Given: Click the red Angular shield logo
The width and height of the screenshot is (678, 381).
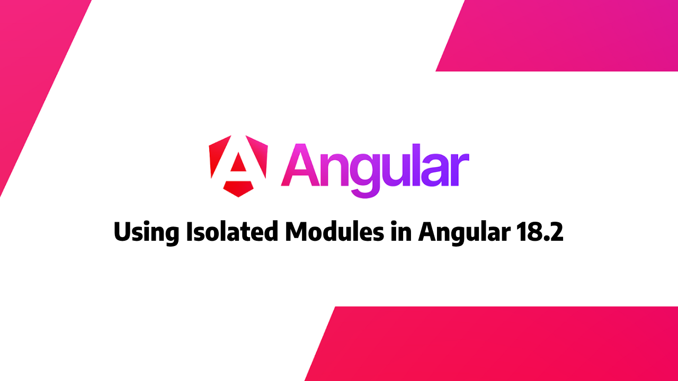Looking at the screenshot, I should (x=238, y=166).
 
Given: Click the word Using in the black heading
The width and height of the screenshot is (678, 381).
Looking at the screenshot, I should (x=146, y=233).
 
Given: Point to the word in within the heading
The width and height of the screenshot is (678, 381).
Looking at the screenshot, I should (x=401, y=232).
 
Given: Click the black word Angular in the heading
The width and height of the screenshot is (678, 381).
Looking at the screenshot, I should (x=466, y=233).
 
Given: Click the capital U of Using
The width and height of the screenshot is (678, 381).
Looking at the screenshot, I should (x=123, y=232).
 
